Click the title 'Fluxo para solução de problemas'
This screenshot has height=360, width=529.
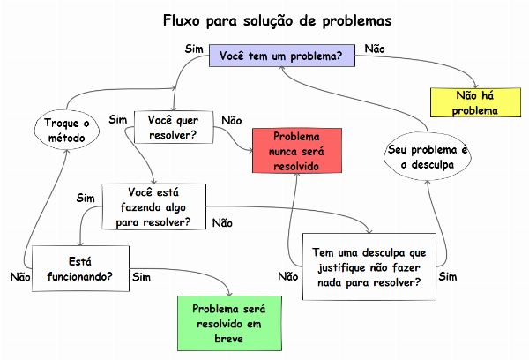[264, 19]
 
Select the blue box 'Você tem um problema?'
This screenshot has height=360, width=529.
[281, 56]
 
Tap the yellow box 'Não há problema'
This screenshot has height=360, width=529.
[477, 102]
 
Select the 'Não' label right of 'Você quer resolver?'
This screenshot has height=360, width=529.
[232, 120]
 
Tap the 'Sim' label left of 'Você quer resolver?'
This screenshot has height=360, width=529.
[118, 119]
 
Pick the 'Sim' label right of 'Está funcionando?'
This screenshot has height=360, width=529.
[141, 277]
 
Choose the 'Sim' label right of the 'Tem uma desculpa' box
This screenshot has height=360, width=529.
[448, 277]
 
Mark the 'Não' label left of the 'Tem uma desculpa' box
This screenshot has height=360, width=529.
[287, 277]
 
